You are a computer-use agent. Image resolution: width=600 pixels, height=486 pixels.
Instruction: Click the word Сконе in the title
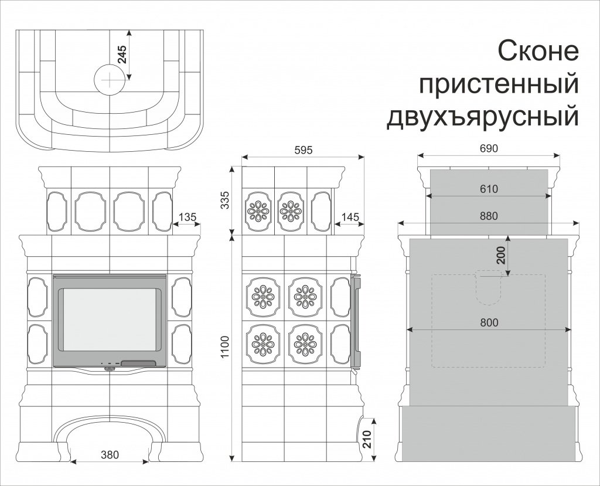tap(538, 52)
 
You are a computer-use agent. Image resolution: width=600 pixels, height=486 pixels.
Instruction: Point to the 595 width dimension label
tap(304, 150)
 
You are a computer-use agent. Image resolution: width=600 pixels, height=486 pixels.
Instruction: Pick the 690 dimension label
tap(488, 149)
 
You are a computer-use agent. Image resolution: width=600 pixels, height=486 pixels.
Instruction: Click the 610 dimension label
tap(488, 189)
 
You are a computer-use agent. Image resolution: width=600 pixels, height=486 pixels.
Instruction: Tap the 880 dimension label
tap(488, 216)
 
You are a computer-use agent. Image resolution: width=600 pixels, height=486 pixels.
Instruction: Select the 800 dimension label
tap(488, 322)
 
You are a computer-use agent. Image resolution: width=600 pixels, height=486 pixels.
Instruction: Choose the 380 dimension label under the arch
tap(110, 454)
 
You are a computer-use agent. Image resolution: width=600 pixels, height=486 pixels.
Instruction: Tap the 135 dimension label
tap(187, 217)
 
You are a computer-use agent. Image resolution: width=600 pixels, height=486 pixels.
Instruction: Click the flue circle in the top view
tap(110, 79)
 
